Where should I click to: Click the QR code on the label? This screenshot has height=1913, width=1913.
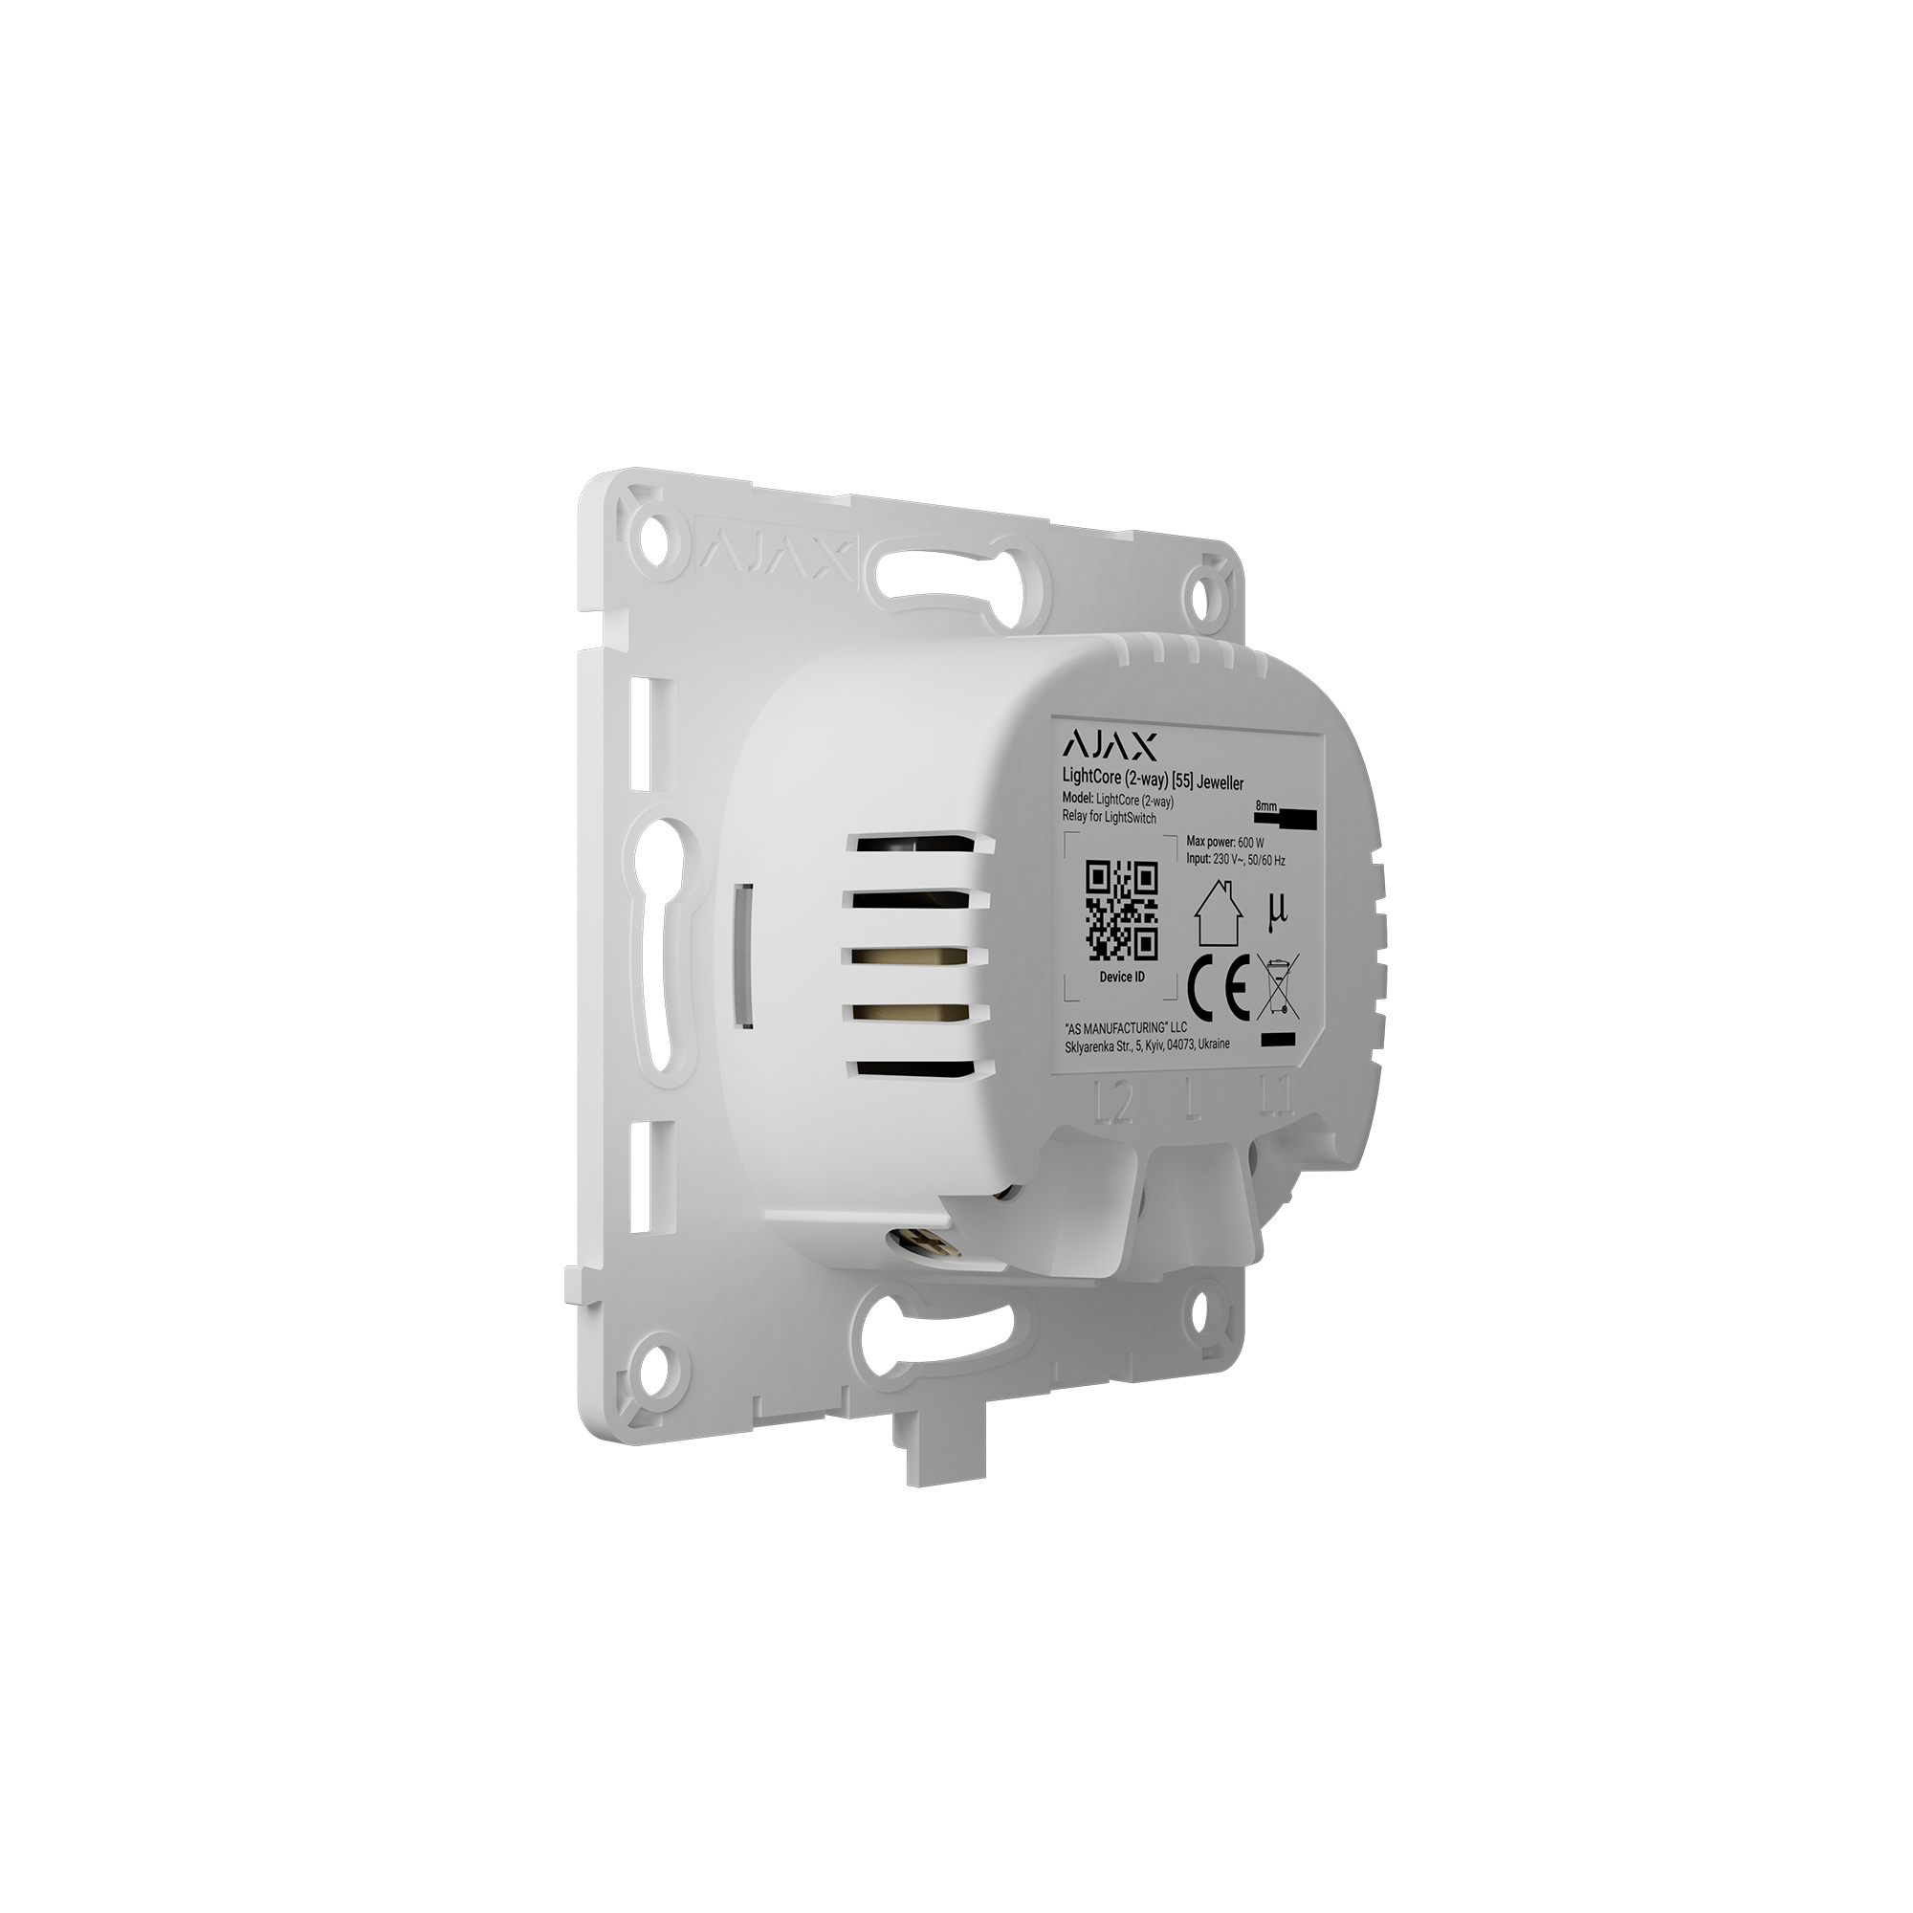tap(1122, 909)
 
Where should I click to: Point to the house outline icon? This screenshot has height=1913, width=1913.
tap(1216, 912)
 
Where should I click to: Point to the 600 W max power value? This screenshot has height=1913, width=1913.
tap(1250, 842)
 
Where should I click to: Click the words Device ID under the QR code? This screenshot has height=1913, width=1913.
tap(1122, 977)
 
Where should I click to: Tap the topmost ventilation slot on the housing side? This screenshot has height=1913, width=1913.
tap(917, 843)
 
